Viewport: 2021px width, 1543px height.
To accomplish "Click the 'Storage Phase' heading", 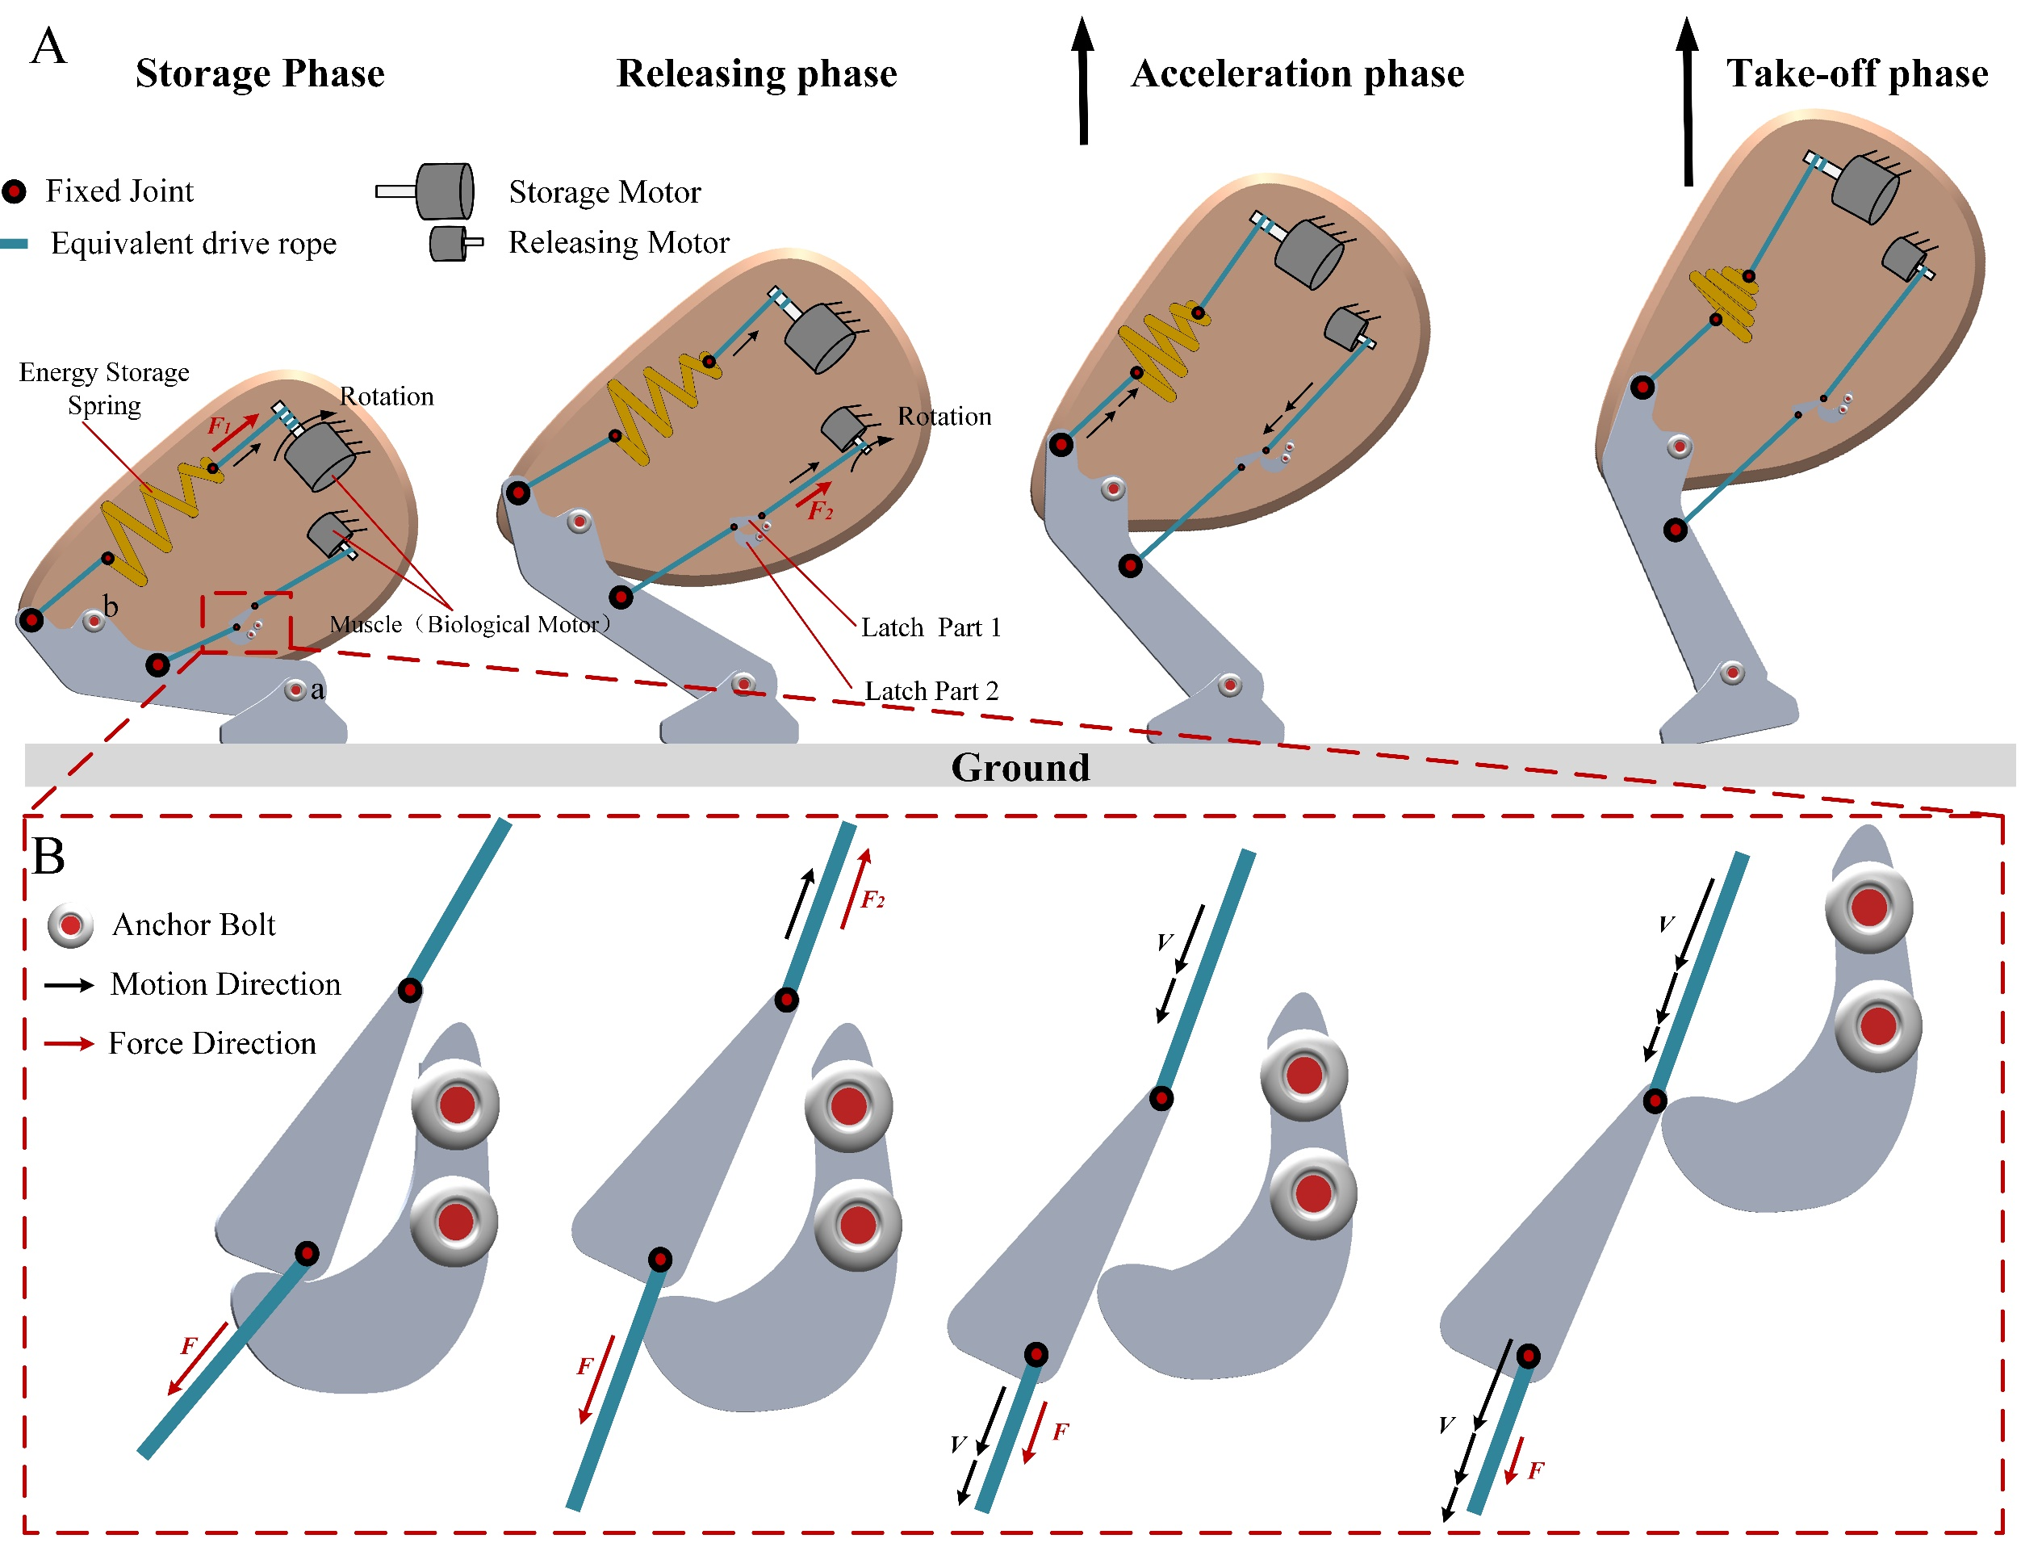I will pyautogui.click(x=260, y=73).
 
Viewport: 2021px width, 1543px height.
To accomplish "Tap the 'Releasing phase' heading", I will pyautogui.click(x=756, y=73).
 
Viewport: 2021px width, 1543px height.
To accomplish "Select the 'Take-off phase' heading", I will pyautogui.click(x=1856, y=73).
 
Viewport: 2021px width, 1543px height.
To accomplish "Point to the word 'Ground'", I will pyautogui.click(x=1020, y=767).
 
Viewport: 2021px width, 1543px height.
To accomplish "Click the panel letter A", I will pyautogui.click(x=48, y=46).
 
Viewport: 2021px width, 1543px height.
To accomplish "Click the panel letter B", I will pyautogui.click(x=48, y=856).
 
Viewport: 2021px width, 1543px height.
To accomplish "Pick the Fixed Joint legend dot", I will pyautogui.click(x=14, y=191).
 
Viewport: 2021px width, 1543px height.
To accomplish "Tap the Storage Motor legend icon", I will pyautogui.click(x=428, y=191).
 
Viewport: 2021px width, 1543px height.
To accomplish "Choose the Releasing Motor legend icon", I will pyautogui.click(x=455, y=243).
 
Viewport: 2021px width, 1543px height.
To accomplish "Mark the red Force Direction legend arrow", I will pyautogui.click(x=69, y=1044).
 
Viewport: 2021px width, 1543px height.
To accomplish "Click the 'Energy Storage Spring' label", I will pyautogui.click(x=104, y=388).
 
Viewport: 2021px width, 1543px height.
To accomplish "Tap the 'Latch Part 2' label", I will pyautogui.click(x=931, y=690).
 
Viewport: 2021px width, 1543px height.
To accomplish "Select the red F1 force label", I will pyautogui.click(x=220, y=426).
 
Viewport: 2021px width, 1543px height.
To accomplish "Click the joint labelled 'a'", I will pyautogui.click(x=295, y=690).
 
